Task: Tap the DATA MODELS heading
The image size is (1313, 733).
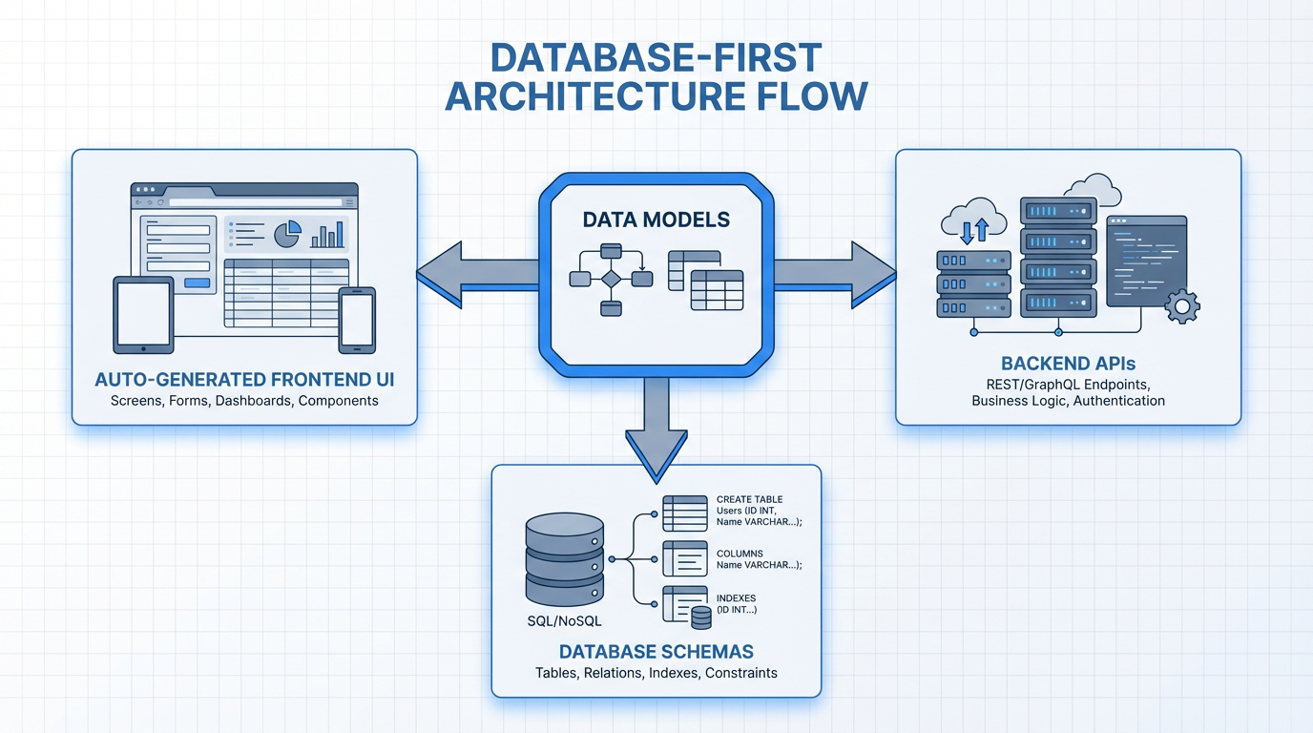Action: [x=656, y=220]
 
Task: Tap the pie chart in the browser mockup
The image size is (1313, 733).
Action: [x=287, y=233]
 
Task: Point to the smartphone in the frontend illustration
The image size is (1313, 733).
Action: [x=357, y=319]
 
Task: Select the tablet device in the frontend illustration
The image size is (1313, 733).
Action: [x=143, y=314]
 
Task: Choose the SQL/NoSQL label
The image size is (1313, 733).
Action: [x=563, y=620]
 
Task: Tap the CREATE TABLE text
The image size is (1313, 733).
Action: [x=749, y=499]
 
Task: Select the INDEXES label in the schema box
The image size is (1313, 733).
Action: [x=737, y=598]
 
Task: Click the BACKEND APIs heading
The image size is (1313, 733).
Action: [x=1068, y=364]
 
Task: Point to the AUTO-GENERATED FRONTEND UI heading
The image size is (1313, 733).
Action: [x=244, y=380]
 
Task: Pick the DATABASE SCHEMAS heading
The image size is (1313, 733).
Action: [x=656, y=652]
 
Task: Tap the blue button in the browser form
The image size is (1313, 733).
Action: [x=197, y=283]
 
